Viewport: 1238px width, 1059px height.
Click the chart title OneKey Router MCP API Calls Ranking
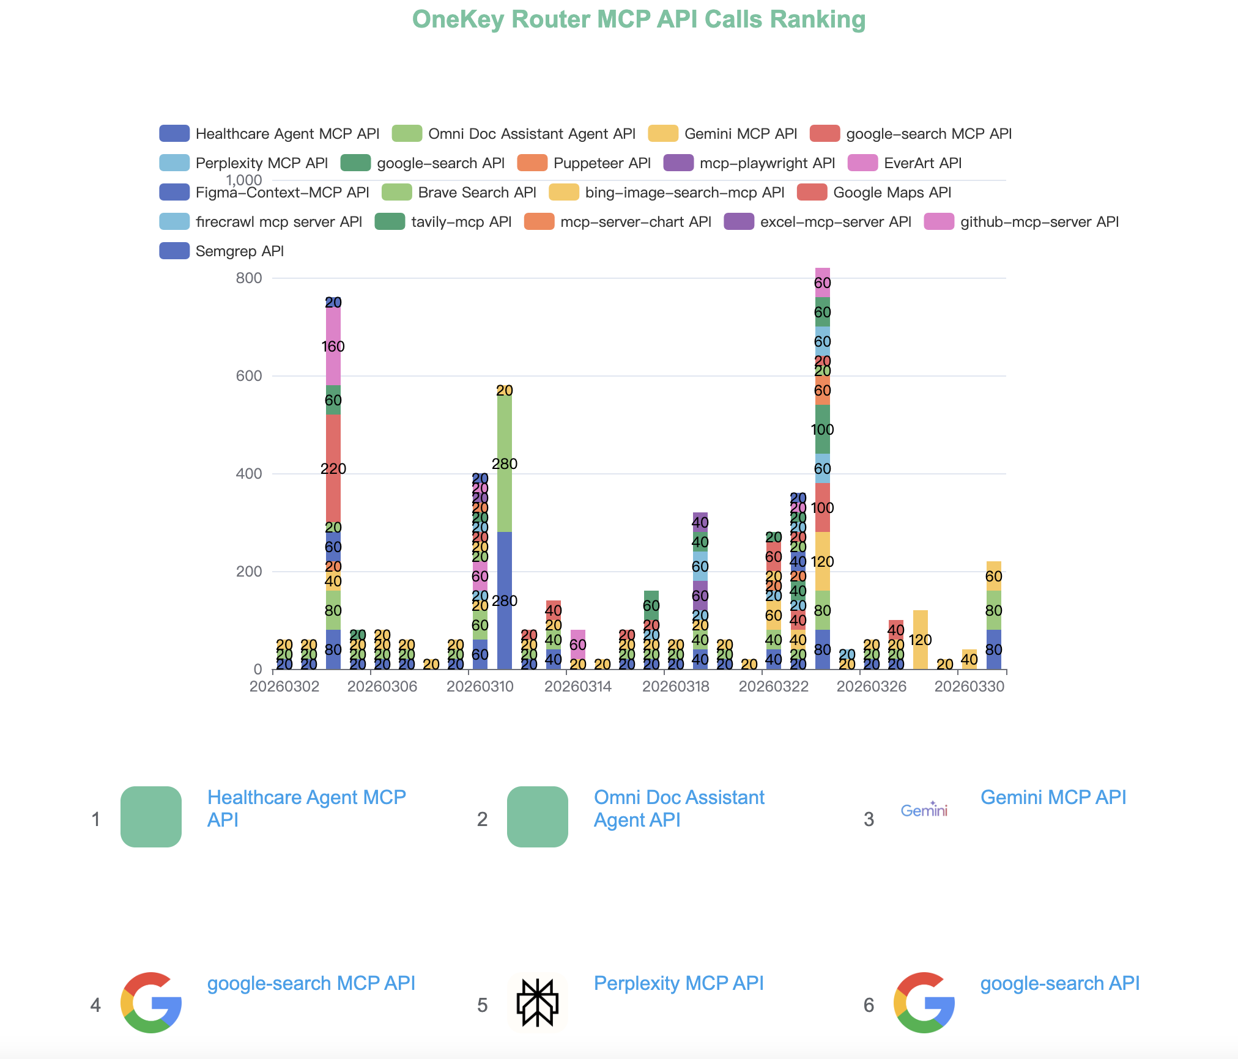coord(639,20)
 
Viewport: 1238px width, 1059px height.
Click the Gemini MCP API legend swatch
coord(663,134)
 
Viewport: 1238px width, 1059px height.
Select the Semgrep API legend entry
coord(239,251)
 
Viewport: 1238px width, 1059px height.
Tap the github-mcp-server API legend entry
coord(1039,222)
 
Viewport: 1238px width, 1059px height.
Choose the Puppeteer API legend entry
coord(602,163)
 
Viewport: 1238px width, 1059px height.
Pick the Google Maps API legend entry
coord(892,193)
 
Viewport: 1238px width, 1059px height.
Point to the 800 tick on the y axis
coord(248,278)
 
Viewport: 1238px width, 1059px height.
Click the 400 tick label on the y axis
coord(248,474)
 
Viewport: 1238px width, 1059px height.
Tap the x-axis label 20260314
coord(578,687)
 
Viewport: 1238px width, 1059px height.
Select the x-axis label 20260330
coord(969,687)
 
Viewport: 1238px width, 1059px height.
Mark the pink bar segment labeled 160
coord(333,346)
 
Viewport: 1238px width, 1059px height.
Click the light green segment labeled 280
coord(505,463)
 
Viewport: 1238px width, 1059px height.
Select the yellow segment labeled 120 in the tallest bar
coord(823,561)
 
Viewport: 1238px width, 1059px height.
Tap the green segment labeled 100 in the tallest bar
coord(823,429)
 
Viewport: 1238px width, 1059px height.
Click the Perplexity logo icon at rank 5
coord(538,1003)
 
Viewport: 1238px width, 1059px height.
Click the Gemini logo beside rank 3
coord(924,811)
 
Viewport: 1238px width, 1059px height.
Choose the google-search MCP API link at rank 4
coord(311,983)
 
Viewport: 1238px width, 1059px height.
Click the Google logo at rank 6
coord(924,1003)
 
